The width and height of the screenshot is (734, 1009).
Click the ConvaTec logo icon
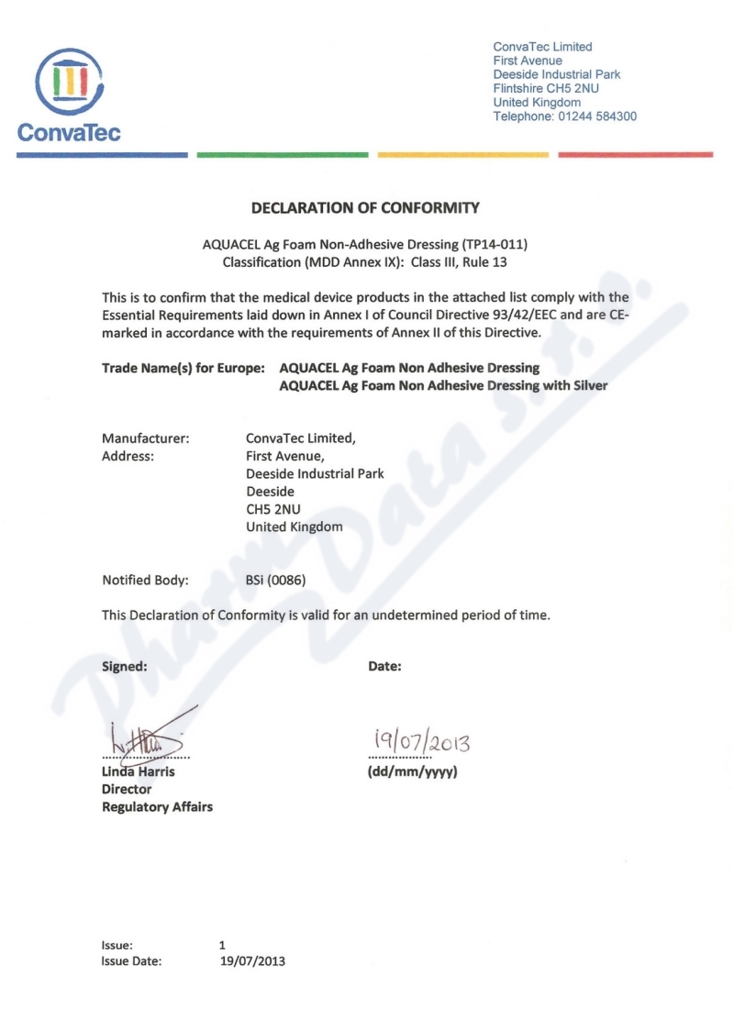[x=71, y=81]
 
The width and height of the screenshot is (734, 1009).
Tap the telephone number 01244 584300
[x=597, y=116]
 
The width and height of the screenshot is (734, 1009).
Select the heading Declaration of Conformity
[x=365, y=208]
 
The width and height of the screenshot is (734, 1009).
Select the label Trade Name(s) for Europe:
[x=183, y=368]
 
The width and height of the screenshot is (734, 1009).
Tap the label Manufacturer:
[x=145, y=438]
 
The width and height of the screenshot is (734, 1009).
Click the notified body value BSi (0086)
[x=275, y=580]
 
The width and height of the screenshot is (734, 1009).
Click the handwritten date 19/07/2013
[x=421, y=739]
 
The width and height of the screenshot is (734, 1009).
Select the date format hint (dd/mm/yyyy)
[x=413, y=771]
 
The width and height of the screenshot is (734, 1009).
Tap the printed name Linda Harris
[x=138, y=771]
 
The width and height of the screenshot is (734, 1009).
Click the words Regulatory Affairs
[x=157, y=807]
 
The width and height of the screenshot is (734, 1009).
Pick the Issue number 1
[x=223, y=945]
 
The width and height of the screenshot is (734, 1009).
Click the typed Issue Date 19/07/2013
[x=253, y=961]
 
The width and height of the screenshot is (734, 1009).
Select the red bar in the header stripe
[x=635, y=155]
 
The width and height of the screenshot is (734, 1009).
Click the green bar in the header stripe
[x=283, y=155]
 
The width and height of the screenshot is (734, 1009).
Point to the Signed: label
[x=124, y=667]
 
